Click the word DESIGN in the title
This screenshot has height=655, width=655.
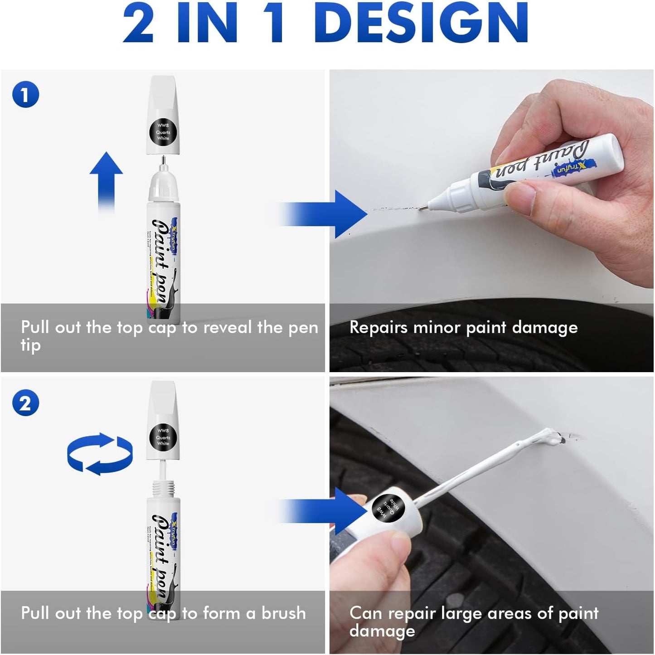(424, 23)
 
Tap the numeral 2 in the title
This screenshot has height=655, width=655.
(139, 23)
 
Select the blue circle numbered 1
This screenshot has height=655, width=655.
(25, 95)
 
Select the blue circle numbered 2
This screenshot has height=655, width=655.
(25, 403)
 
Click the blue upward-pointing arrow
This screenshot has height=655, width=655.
(106, 181)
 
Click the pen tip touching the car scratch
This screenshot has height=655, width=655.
(422, 209)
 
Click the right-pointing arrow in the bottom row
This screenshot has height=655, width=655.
(326, 510)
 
